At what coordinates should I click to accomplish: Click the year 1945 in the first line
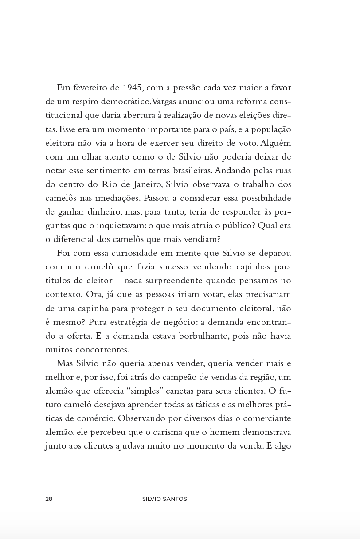[x=133, y=88]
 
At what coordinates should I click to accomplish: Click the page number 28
[x=49, y=499]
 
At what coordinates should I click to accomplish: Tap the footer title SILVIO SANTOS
[x=164, y=499]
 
